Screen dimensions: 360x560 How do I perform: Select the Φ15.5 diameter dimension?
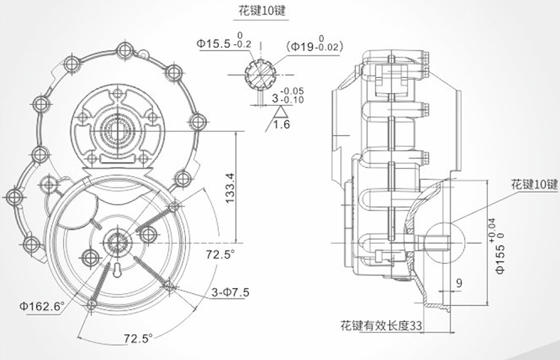tap(213, 45)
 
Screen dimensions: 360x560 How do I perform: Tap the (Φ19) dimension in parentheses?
tap(310, 47)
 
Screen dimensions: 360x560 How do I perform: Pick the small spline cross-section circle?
tap(259, 73)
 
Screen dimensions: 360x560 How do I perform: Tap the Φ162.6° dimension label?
tap(43, 305)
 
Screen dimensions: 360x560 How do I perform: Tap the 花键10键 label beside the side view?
tap(535, 184)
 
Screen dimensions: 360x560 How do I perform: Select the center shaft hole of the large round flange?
tap(119, 240)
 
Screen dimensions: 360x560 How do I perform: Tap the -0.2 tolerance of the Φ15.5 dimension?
tap(243, 45)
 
